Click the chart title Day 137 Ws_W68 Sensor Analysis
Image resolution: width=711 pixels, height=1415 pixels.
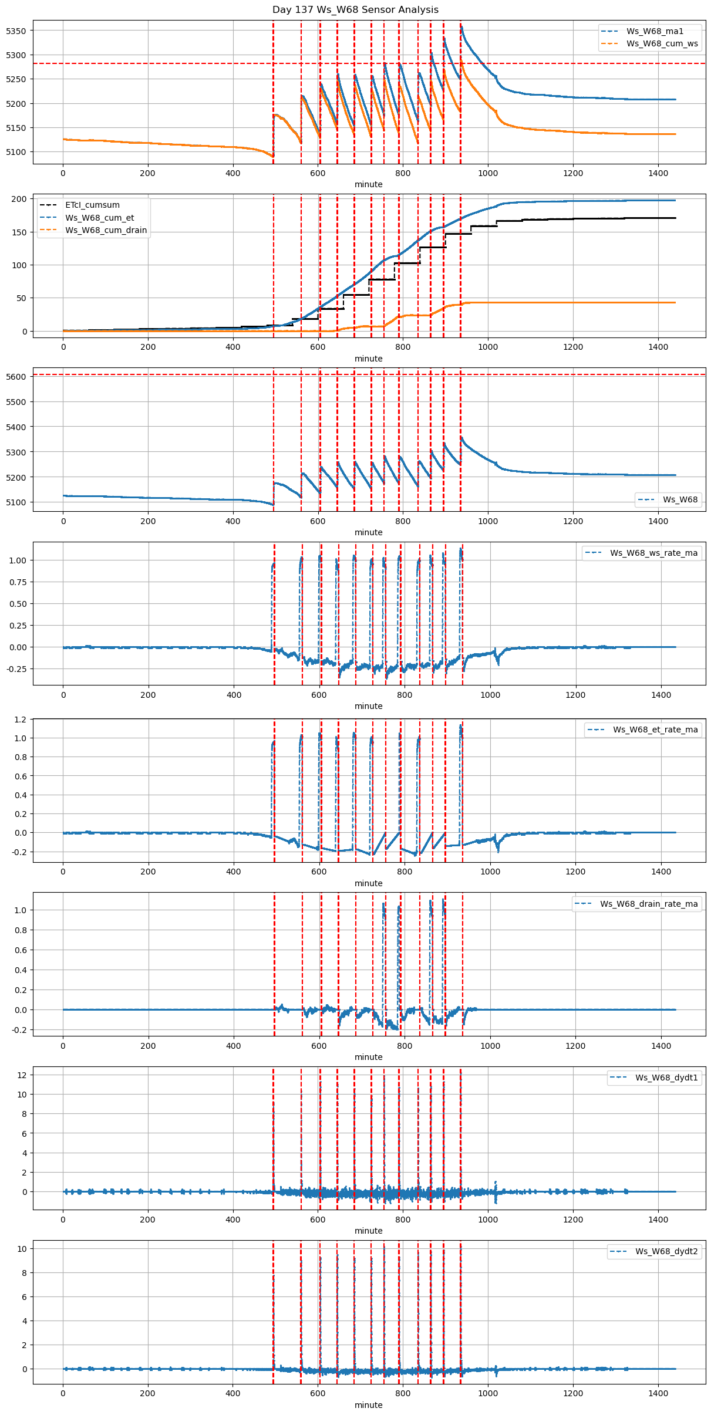point(355,9)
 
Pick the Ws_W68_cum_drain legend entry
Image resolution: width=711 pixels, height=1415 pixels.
point(106,230)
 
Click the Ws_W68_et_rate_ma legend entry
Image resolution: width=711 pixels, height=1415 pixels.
point(655,730)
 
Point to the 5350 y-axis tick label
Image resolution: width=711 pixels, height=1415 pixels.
point(16,31)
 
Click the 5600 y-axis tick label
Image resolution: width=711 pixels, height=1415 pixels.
point(16,377)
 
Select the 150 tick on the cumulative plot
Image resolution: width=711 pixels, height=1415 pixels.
point(20,232)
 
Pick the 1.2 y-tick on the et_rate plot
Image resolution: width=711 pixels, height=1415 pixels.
point(21,720)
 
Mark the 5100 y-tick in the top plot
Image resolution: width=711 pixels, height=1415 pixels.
point(16,152)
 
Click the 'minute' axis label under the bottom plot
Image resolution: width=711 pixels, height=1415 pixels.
point(369,1405)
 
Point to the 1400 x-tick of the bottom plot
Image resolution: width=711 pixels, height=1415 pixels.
point(658,1393)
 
